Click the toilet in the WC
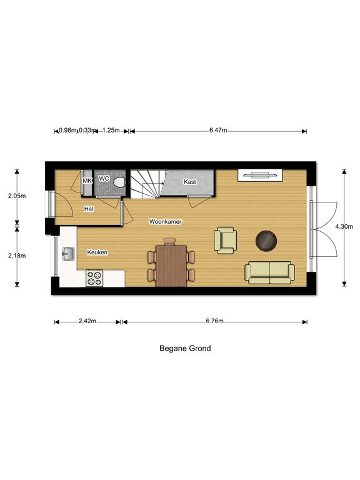click(119, 182)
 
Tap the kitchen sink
click(69, 254)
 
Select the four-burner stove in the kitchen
click(94, 278)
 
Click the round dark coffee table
click(266, 241)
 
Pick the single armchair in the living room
click(226, 240)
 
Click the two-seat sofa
click(270, 272)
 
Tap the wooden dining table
click(171, 266)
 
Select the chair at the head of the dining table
click(169, 241)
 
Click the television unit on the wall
click(260, 175)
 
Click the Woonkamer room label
click(165, 221)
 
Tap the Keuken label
click(97, 252)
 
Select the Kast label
click(190, 181)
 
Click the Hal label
click(89, 209)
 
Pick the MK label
click(87, 181)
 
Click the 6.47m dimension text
click(218, 130)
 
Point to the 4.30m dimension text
click(344, 226)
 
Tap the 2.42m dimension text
click(87, 321)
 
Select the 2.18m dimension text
click(17, 255)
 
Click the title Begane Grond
click(185, 348)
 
